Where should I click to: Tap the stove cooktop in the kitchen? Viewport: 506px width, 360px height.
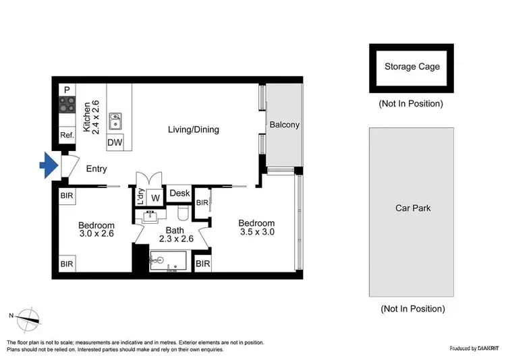67,104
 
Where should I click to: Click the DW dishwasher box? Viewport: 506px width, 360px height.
115,142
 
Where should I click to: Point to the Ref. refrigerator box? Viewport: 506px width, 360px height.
67,136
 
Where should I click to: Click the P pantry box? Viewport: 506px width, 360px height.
67,90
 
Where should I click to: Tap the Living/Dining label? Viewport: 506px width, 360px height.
194,129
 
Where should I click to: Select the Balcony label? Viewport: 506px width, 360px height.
284,125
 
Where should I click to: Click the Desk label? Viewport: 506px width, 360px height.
179,193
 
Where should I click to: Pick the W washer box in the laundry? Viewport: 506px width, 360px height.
154,198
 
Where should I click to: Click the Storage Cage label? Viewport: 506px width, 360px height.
412,66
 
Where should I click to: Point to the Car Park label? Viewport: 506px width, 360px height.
412,208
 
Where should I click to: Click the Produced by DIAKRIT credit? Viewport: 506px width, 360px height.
475,349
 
